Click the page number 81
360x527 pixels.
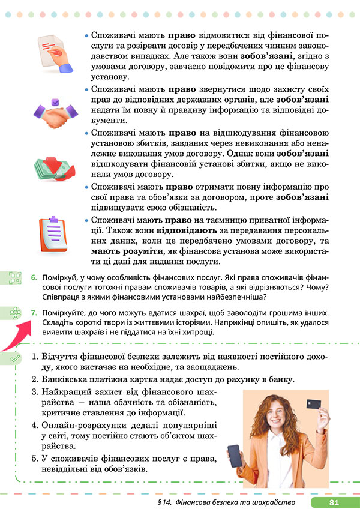(x=334, y=502)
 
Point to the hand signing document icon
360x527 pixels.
(x=56, y=50)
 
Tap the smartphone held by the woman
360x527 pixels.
(x=235, y=459)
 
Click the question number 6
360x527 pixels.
(x=34, y=278)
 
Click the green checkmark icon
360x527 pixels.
(x=16, y=358)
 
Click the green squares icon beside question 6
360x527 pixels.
(x=16, y=278)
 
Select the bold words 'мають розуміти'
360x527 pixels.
(x=115, y=251)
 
